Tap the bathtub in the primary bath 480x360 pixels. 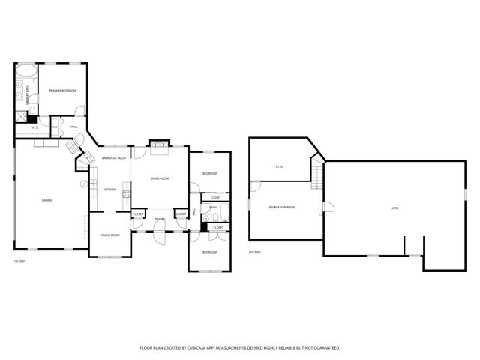coord(26,73)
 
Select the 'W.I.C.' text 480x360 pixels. coord(34,128)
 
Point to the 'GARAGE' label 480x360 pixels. coord(46,200)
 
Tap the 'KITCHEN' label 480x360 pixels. coord(109,190)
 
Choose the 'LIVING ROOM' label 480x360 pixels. coord(159,178)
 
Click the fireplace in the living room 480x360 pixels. coord(158,146)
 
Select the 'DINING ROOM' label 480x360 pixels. coord(110,235)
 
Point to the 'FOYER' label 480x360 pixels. coord(159,219)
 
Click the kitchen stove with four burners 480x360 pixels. coord(126,196)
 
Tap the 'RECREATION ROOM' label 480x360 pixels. coord(282,208)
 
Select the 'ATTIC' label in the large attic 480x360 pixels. coord(394,208)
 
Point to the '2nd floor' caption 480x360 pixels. coord(255,252)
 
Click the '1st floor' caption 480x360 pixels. coord(20,260)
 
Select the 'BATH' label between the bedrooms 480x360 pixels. coord(213,208)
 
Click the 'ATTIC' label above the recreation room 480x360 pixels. coord(279,166)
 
